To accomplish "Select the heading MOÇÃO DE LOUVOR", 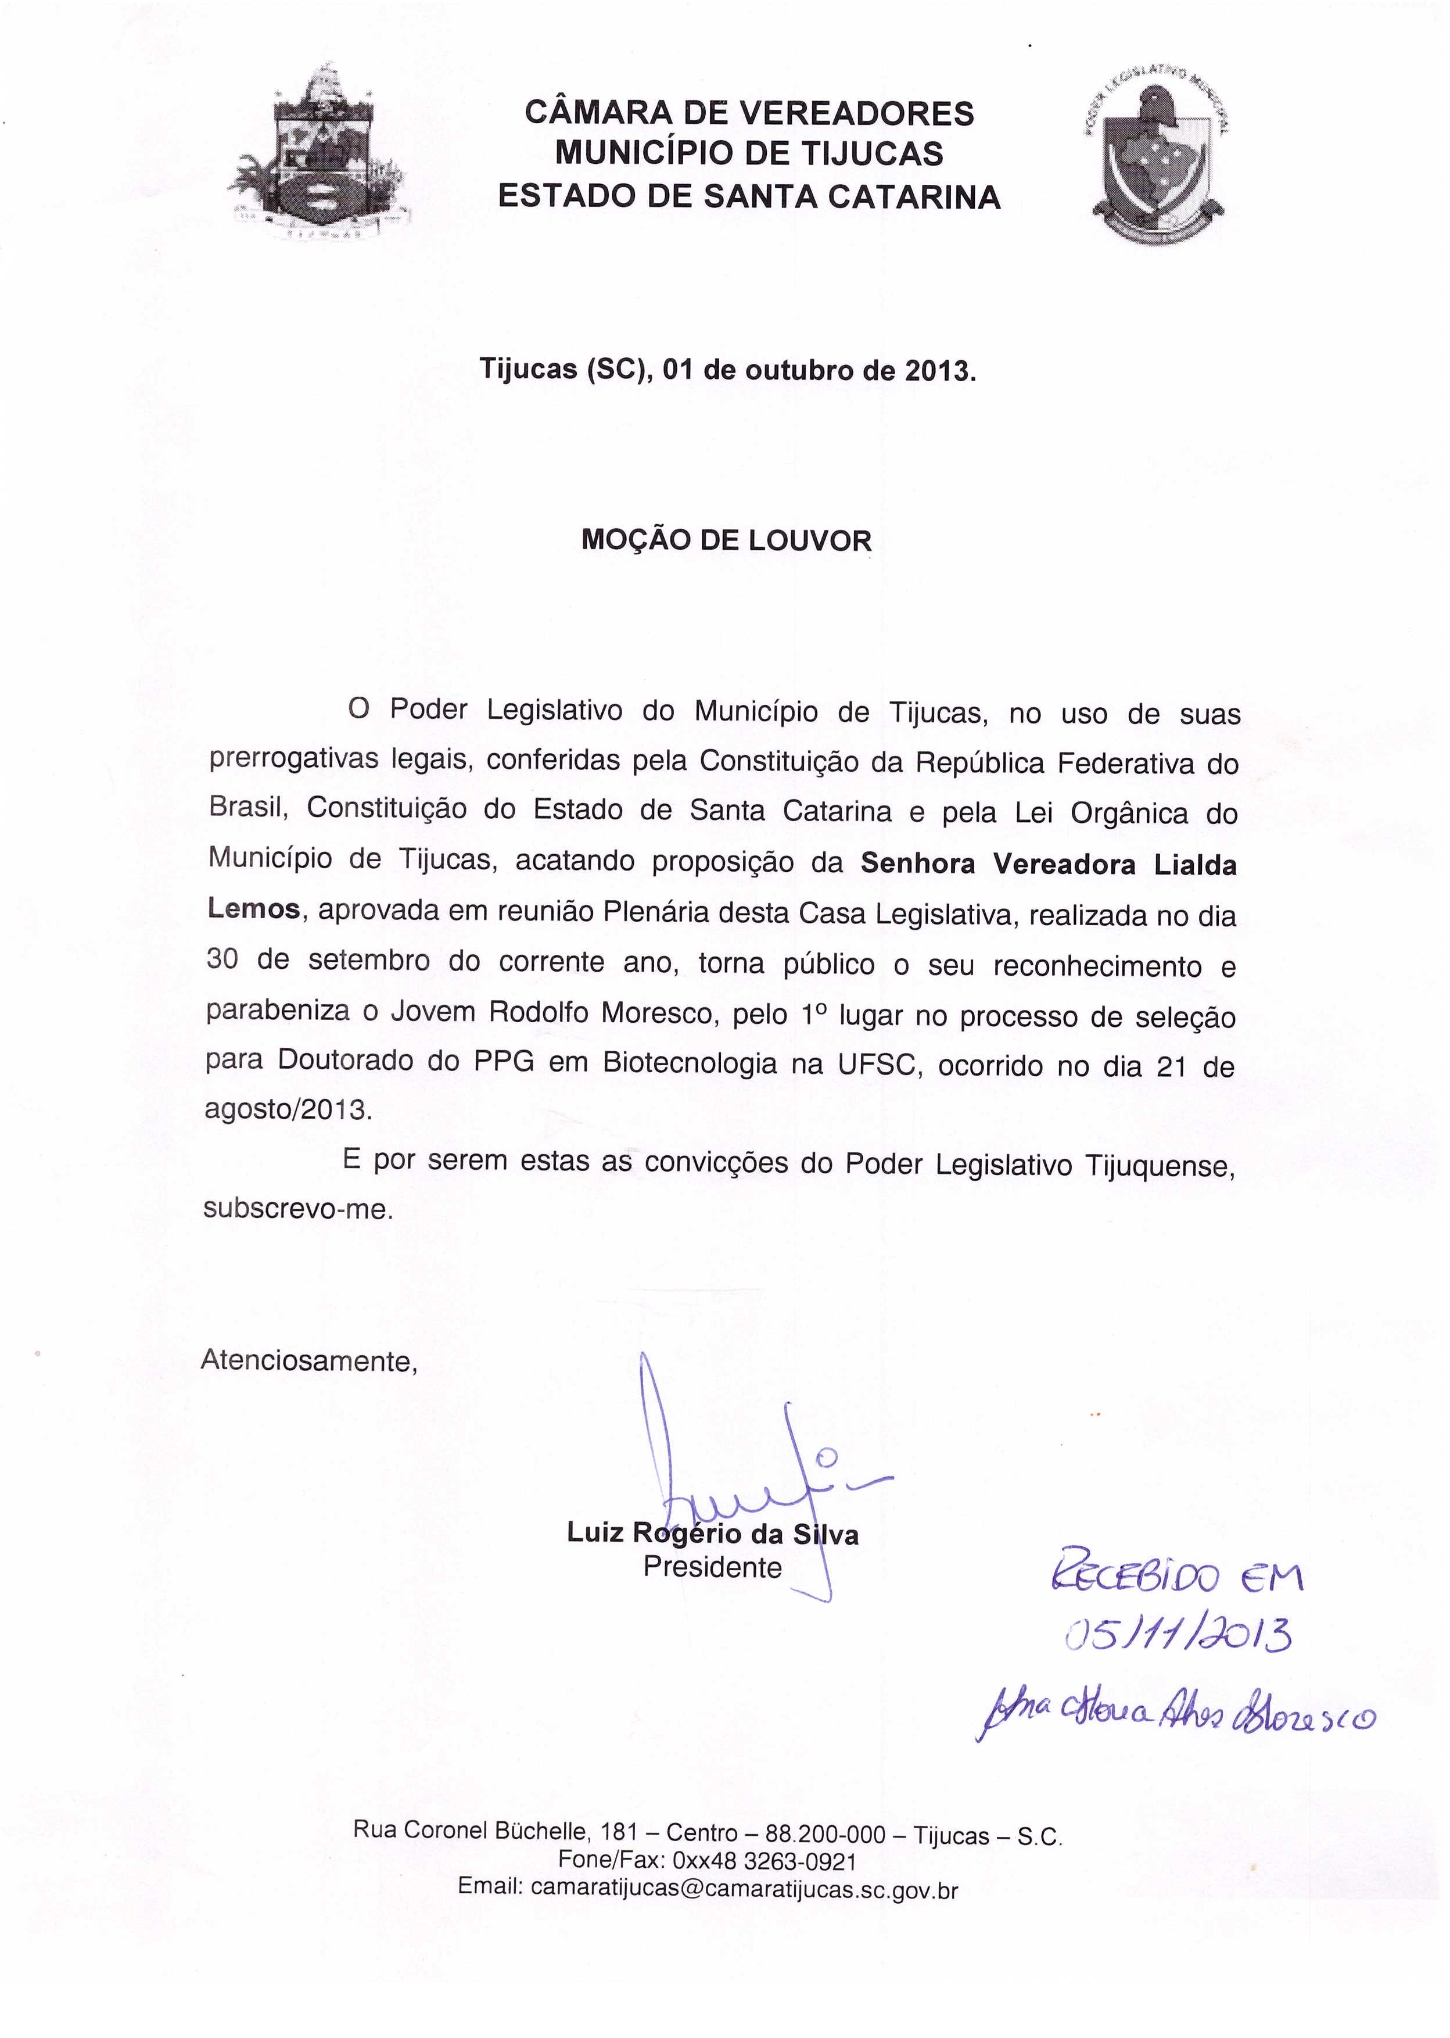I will point(726,540).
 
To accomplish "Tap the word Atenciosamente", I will point(308,1361).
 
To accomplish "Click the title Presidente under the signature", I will point(712,1567).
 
